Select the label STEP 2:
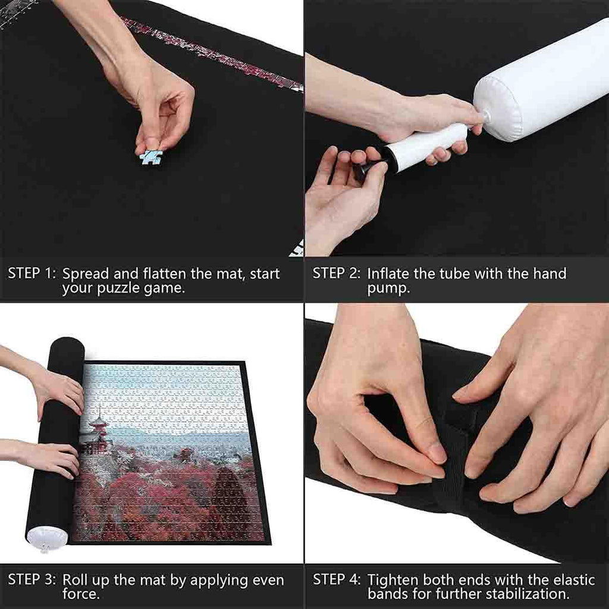(x=337, y=274)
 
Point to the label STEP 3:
(x=32, y=579)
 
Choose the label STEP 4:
(x=337, y=579)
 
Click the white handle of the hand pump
(x=427, y=146)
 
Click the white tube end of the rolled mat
(x=47, y=538)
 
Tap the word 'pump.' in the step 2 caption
(x=388, y=288)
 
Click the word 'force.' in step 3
(x=81, y=594)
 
